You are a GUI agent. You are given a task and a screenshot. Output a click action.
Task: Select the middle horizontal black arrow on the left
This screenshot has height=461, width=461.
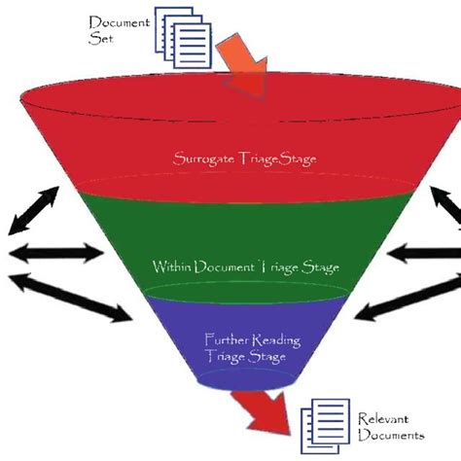click(53, 256)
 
